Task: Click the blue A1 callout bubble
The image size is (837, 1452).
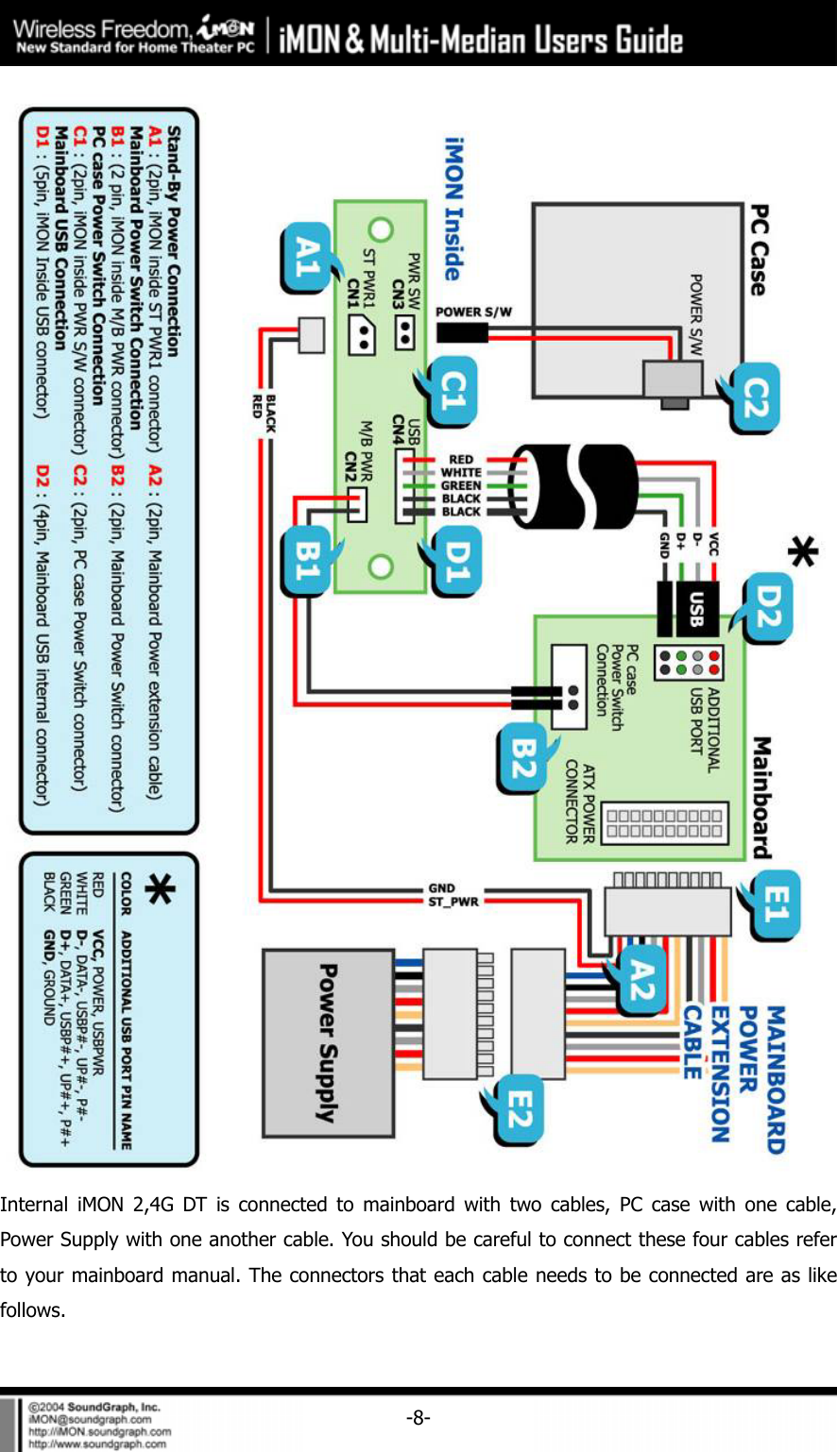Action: coord(306,257)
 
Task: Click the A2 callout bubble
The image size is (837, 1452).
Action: coord(641,979)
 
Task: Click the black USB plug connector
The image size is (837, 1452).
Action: coord(688,609)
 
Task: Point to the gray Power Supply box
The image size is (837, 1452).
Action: coord(328,1042)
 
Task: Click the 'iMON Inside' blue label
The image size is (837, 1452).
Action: coord(454,209)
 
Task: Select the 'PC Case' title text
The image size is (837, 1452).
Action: coord(759,250)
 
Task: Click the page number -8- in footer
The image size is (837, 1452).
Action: coord(418,1417)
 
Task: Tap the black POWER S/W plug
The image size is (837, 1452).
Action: coord(462,332)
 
